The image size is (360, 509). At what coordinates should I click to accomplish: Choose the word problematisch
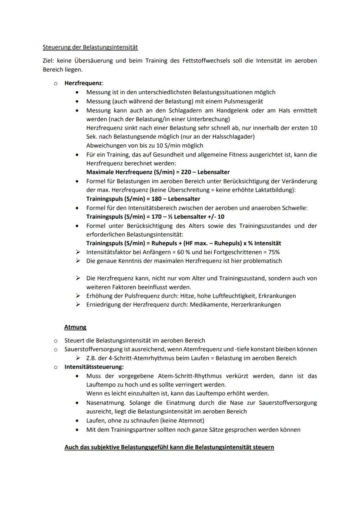261,261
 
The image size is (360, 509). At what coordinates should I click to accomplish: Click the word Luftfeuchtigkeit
227,296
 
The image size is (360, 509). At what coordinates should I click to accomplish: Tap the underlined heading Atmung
75,327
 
